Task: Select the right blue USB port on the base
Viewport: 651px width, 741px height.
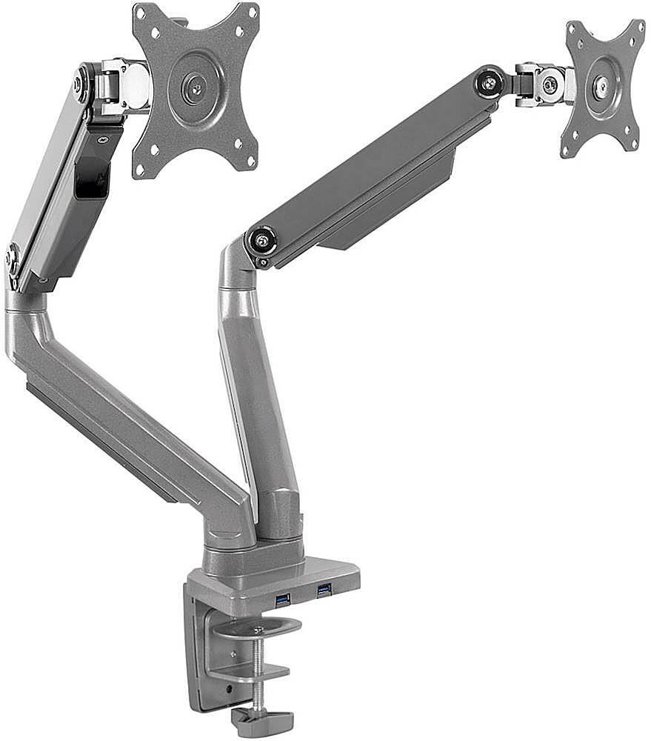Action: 324,591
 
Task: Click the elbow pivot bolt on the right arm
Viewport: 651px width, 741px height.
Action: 261,239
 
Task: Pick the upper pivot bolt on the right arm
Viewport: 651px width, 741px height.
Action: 490,82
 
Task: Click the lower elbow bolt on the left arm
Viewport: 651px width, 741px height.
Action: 13,259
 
